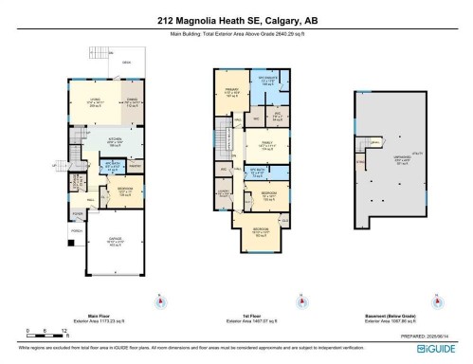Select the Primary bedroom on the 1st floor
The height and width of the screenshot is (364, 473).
click(x=229, y=93)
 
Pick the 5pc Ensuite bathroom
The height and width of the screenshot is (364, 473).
click(x=266, y=80)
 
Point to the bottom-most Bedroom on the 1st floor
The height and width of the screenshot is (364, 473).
click(x=259, y=231)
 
